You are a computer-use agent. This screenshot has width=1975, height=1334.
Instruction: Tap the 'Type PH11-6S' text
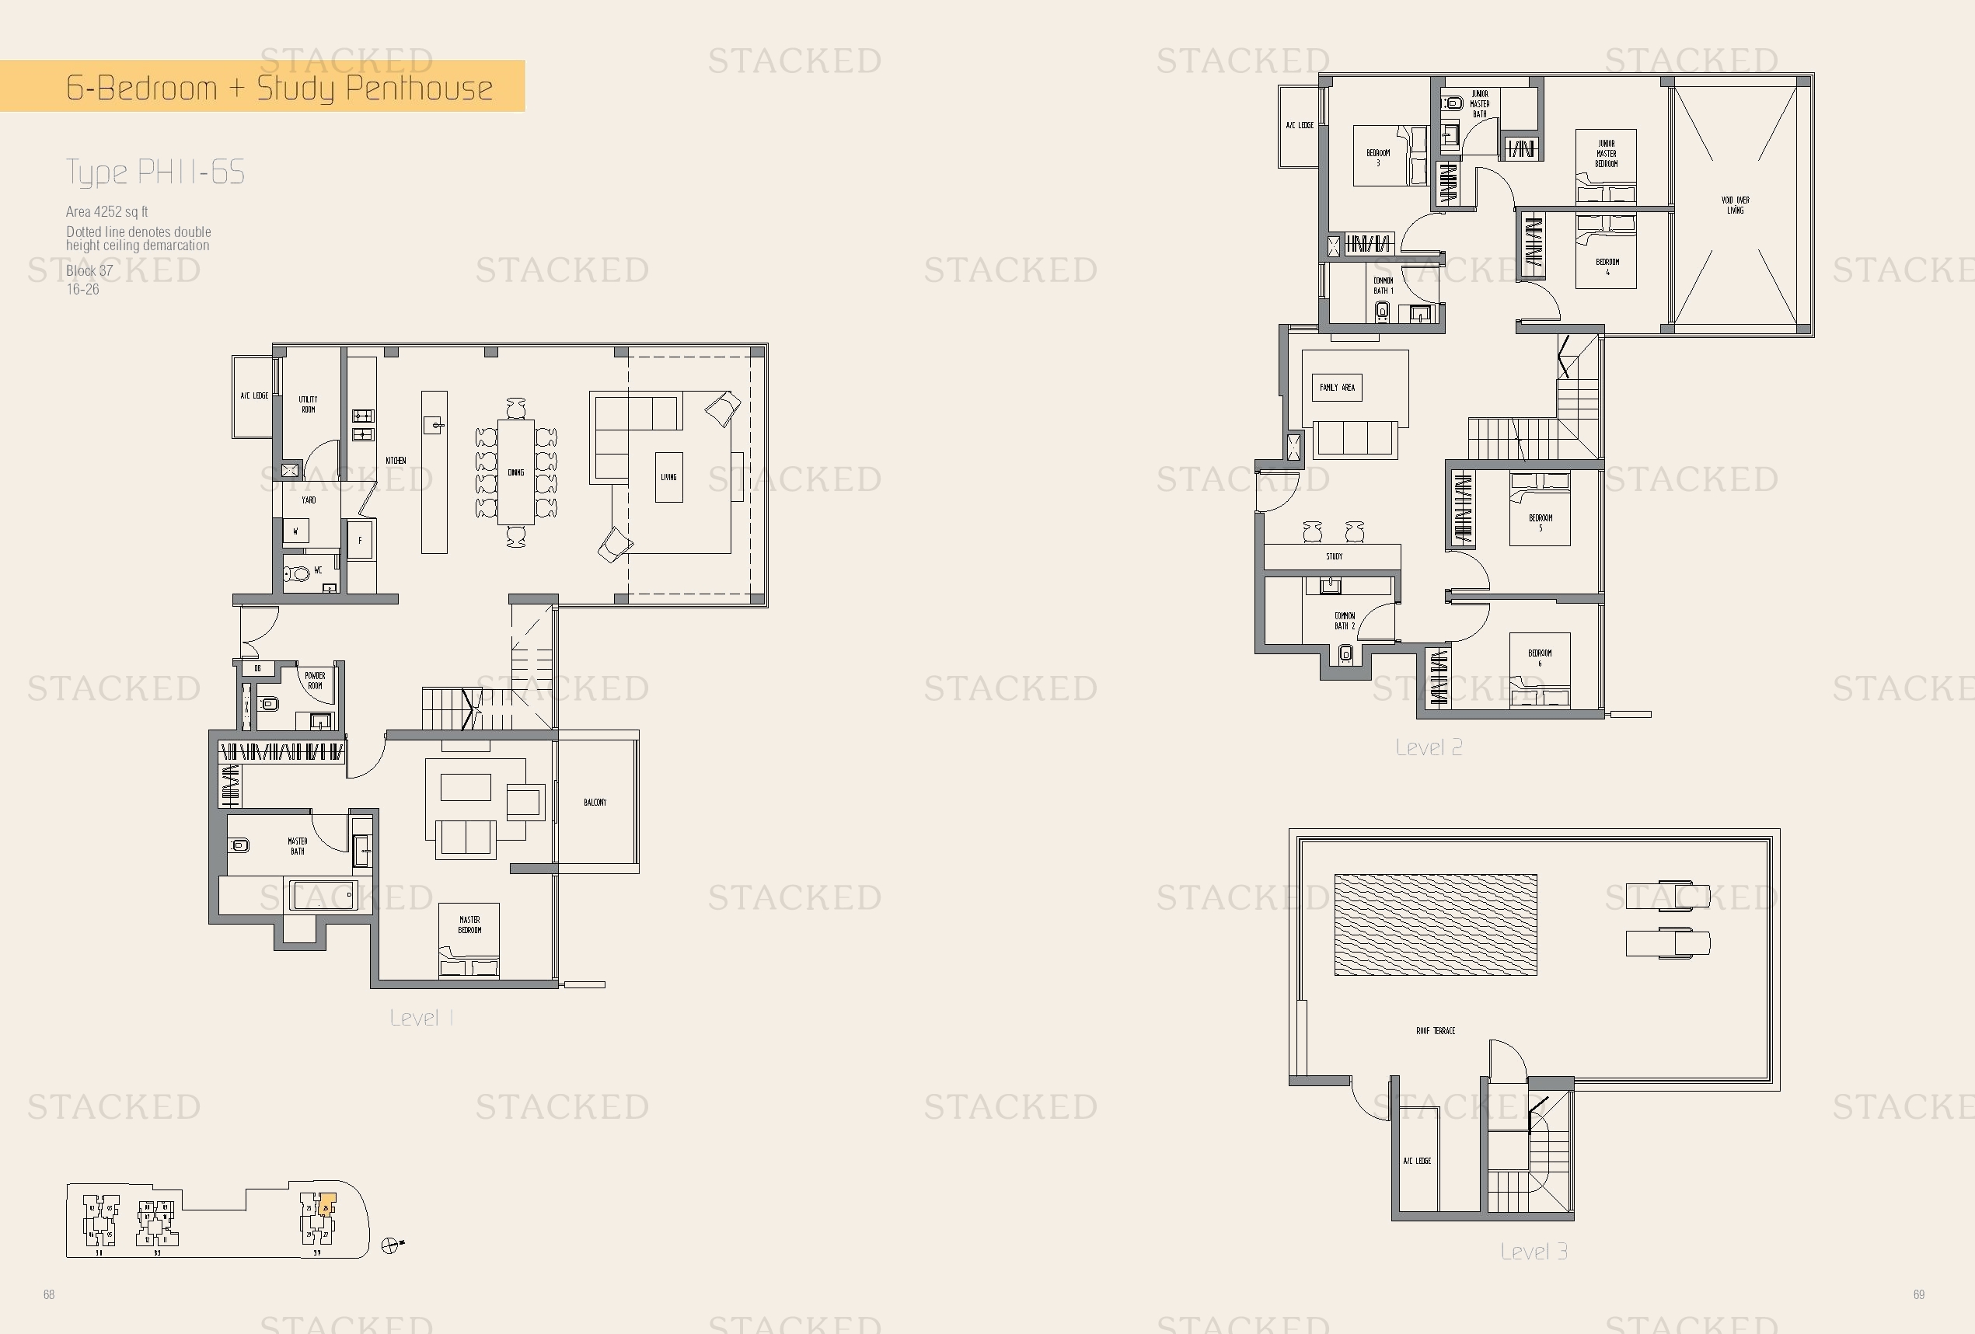[x=155, y=172]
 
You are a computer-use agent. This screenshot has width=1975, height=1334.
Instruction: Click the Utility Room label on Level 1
[x=308, y=405]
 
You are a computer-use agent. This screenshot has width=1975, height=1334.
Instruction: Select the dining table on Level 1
[x=516, y=472]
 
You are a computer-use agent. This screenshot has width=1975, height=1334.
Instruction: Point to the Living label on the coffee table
[x=668, y=478]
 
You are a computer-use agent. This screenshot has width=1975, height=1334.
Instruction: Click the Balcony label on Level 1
[x=595, y=802]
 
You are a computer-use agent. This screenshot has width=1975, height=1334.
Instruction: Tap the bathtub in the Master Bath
[x=322, y=896]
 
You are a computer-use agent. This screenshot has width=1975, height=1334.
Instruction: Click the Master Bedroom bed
[x=469, y=943]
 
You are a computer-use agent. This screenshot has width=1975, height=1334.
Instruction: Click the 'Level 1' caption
[x=421, y=1018]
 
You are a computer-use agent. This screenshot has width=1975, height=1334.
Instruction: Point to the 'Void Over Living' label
[x=1735, y=205]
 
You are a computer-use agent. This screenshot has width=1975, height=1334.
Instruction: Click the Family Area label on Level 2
[x=1337, y=388]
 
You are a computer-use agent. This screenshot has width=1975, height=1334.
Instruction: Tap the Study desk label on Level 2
[x=1335, y=556]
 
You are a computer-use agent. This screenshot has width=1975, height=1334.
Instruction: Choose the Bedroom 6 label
[x=1539, y=659]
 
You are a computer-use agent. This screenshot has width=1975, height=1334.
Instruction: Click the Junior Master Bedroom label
[x=1605, y=154]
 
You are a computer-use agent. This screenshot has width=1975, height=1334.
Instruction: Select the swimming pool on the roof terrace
[x=1436, y=925]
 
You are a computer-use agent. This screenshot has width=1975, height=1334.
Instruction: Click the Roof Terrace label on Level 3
[x=1436, y=1031]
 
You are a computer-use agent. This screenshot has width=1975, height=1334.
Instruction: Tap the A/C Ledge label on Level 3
[x=1417, y=1161]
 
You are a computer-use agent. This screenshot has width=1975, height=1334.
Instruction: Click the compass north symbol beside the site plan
[x=390, y=1245]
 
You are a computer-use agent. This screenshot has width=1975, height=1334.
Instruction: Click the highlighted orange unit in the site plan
[x=327, y=1204]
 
